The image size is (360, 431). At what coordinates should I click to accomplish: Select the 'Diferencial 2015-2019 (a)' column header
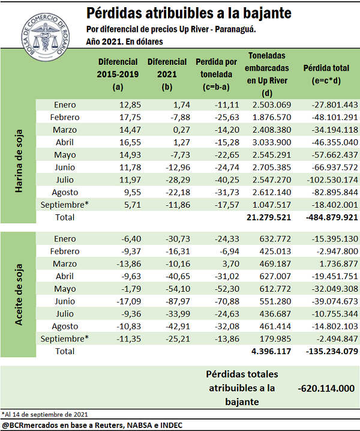click(x=117, y=74)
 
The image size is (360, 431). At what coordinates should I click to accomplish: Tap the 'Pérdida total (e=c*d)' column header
click(x=326, y=74)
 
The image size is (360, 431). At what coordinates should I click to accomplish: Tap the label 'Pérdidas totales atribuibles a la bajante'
click(x=241, y=388)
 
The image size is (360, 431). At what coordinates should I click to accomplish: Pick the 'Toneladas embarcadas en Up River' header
click(x=267, y=74)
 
